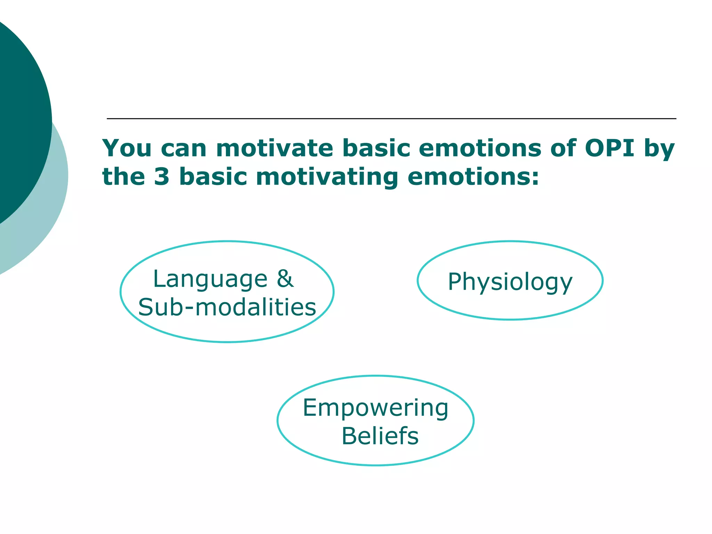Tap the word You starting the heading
point(127,148)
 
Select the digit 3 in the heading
point(162,177)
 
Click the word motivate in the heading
point(275,148)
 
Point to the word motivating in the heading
point(327,177)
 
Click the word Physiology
point(510,282)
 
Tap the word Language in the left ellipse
point(210,279)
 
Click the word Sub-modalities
point(227,307)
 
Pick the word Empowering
point(375,408)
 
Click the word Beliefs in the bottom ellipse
point(380,436)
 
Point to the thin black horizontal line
point(391,119)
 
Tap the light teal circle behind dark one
point(52,209)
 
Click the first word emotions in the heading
point(480,148)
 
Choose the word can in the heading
point(184,149)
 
